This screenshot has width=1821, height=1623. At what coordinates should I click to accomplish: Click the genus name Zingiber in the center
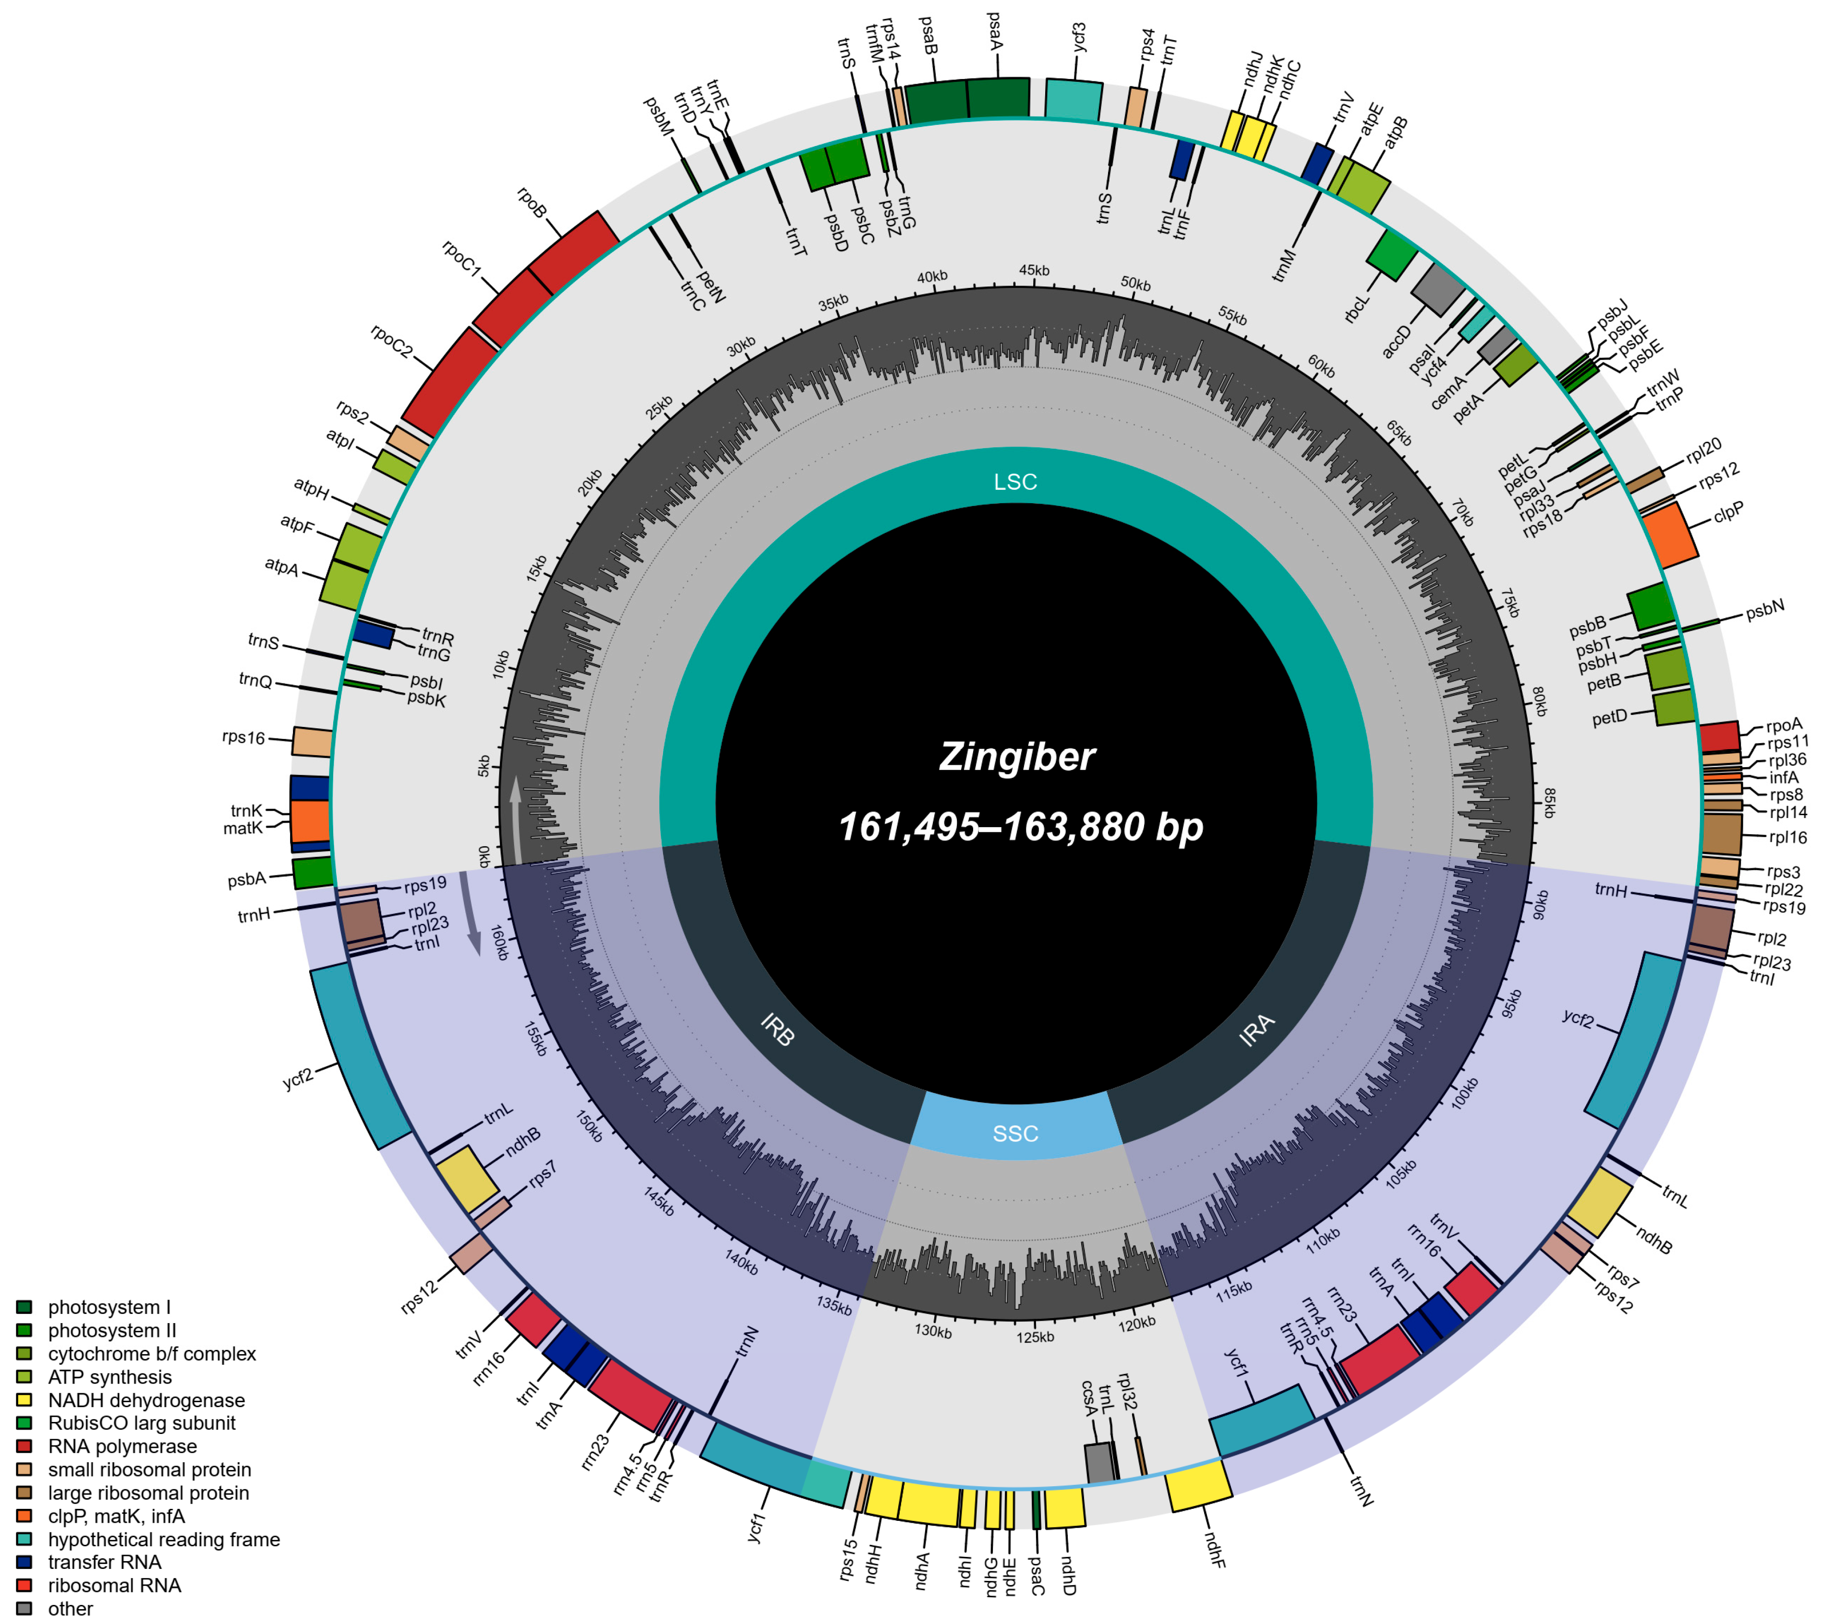pyautogui.click(x=1017, y=757)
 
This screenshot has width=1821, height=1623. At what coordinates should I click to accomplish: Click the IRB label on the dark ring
pyautogui.click(x=778, y=1030)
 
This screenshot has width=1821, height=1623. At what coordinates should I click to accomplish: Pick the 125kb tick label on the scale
pyautogui.click(x=1035, y=1337)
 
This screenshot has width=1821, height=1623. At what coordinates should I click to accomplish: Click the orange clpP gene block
pyautogui.click(x=1669, y=535)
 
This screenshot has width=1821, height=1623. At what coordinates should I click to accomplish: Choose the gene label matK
pyautogui.click(x=243, y=829)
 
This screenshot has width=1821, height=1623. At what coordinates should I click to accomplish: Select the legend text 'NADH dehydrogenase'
pyautogui.click(x=146, y=1400)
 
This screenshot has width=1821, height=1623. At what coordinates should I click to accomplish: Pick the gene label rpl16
pyautogui.click(x=1787, y=837)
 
